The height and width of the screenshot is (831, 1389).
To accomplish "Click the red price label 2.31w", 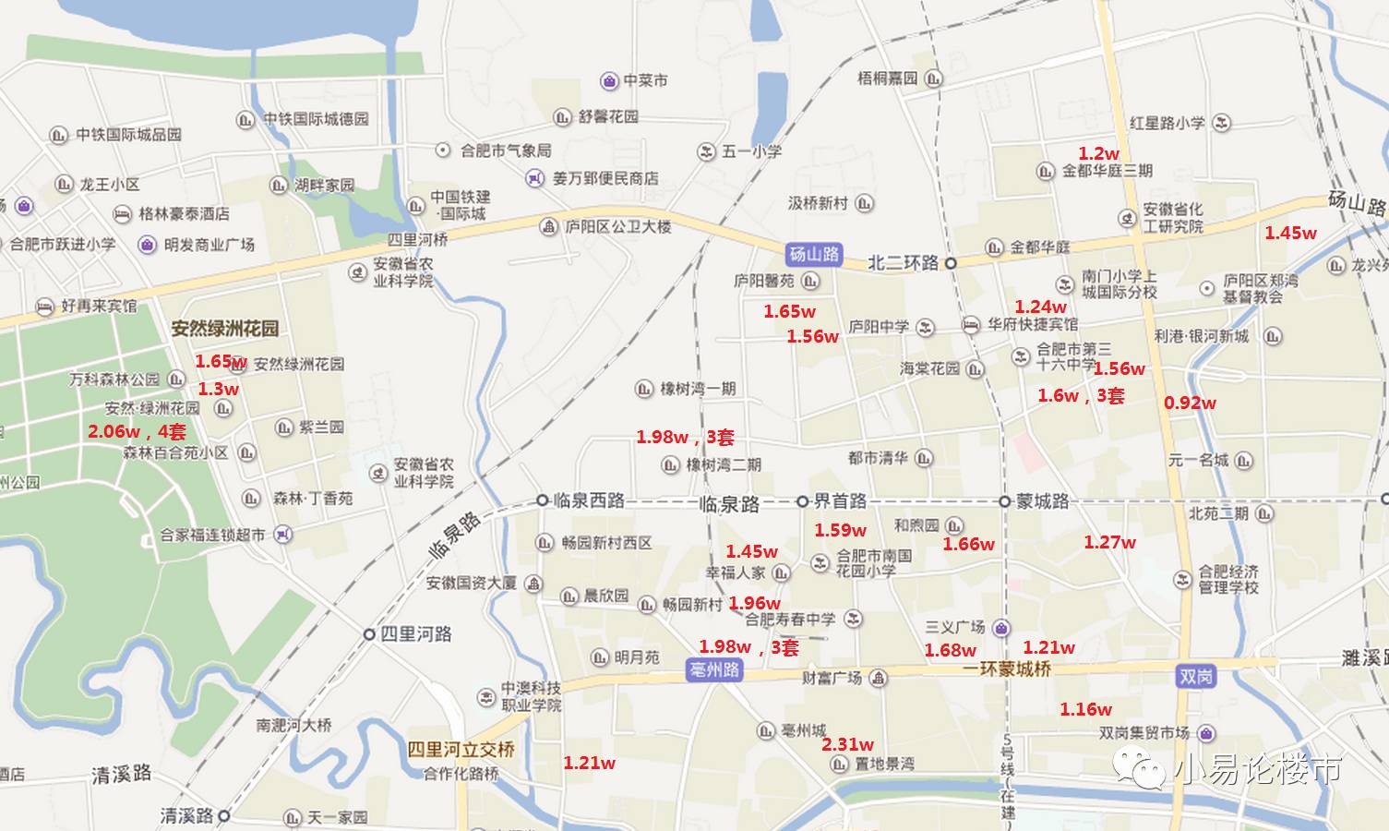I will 847,744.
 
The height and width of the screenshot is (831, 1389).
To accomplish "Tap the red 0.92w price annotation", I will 1190,403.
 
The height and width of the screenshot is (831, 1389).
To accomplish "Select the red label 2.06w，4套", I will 137,431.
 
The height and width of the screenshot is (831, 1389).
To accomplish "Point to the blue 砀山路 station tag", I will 814,254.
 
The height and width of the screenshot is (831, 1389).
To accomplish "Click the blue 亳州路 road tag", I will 715,670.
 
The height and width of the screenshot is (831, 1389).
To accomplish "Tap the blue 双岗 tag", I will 1195,677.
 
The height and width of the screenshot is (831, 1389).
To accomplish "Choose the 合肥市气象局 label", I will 505,150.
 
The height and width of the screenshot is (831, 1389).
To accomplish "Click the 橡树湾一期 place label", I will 697,389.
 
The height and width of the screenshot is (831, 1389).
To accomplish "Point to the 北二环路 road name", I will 903,263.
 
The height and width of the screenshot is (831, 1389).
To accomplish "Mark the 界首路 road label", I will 839,501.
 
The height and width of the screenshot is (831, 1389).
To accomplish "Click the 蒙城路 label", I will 1042,501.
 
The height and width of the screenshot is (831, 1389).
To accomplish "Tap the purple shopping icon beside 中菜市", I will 609,81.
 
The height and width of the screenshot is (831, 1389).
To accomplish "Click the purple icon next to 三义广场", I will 1001,628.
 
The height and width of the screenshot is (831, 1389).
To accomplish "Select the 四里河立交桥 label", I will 461,749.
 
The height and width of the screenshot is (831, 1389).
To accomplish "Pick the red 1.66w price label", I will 968,545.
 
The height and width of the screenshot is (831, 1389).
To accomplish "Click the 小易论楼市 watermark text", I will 1258,769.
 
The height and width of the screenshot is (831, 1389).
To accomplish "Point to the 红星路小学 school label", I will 1167,123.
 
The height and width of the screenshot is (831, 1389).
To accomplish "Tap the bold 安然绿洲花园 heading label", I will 224,329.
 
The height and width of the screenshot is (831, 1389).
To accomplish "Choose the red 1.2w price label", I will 1098,153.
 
